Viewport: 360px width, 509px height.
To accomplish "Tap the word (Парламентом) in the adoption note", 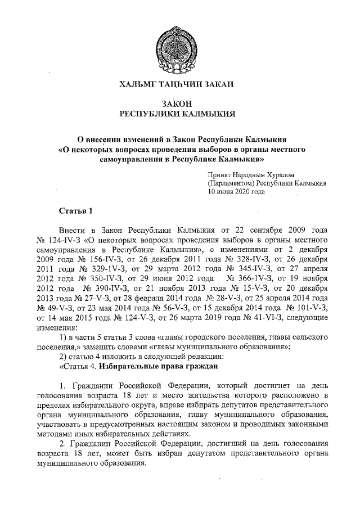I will coord(230,183).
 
